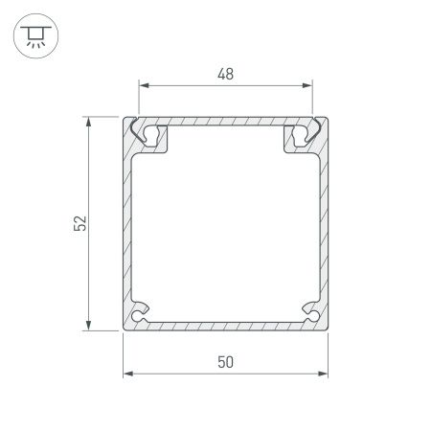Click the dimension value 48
(x=226, y=74)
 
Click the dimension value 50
(x=226, y=361)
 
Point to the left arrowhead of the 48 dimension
(x=145, y=85)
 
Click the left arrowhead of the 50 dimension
(x=128, y=373)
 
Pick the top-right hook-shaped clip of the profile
(x=303, y=135)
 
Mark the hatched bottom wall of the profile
(x=226, y=326)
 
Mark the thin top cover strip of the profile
(x=226, y=123)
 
